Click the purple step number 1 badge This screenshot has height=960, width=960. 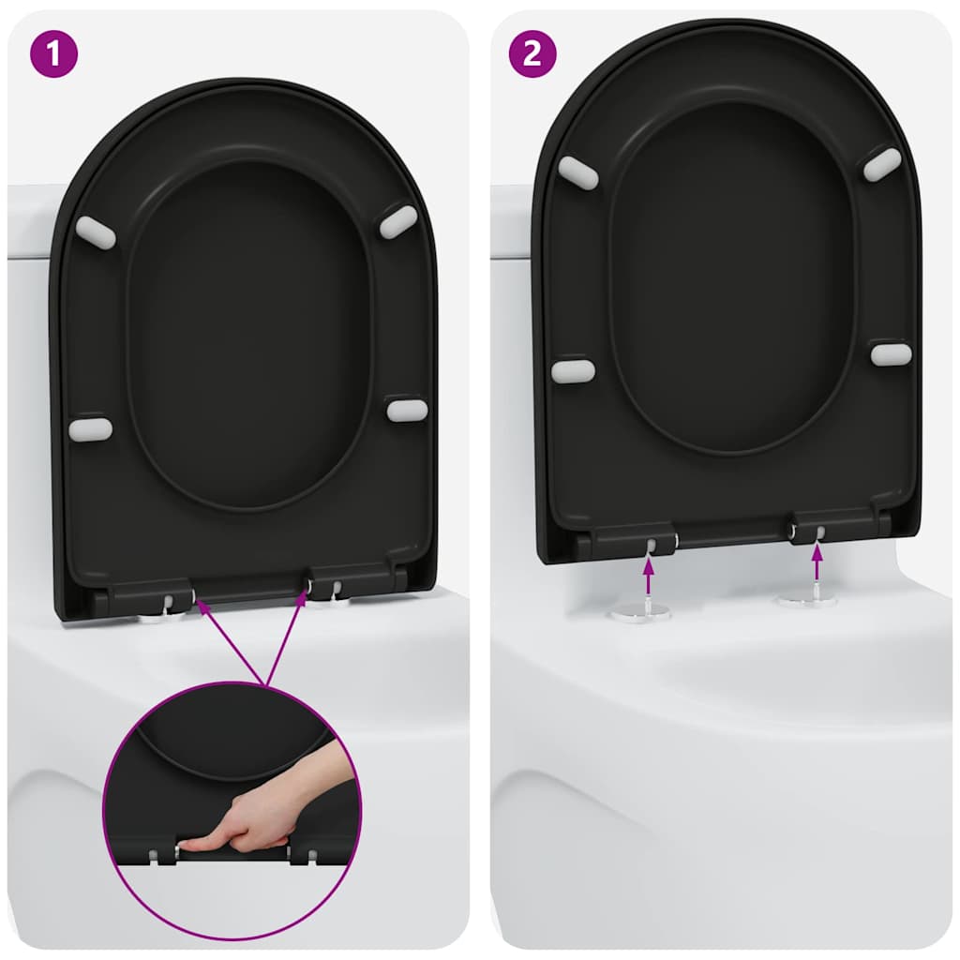pos(53,53)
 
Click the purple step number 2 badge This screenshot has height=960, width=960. pos(532,53)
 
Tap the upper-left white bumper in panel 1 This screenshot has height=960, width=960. pos(95,232)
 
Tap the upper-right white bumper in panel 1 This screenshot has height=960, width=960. pos(397,221)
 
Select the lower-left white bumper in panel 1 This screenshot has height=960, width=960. pos(91,429)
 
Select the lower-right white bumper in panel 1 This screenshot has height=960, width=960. pos(407,410)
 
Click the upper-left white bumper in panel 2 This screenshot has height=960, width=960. pos(578,173)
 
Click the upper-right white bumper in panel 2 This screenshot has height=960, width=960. pos(882,164)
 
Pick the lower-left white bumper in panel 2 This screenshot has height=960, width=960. pos(573,371)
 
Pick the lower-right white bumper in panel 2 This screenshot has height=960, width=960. pos(891,353)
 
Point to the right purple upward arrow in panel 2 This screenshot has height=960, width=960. pos(817,563)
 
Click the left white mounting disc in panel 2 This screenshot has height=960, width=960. pos(639,612)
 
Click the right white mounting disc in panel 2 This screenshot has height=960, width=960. pos(806,599)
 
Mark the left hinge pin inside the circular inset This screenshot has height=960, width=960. pos(153,855)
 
